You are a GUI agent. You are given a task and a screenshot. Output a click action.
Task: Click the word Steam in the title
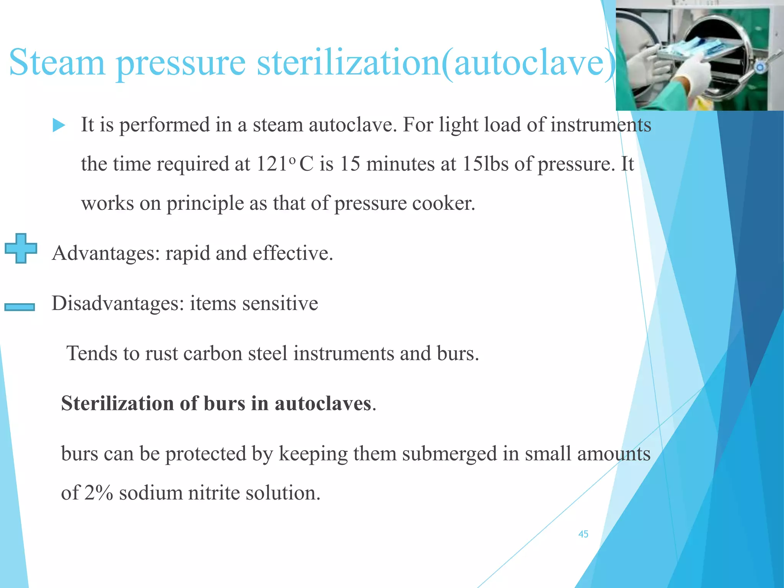tap(57, 62)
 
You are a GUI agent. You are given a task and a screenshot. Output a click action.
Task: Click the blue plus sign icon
tap(21, 248)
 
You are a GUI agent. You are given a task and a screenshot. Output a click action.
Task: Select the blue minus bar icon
tap(20, 307)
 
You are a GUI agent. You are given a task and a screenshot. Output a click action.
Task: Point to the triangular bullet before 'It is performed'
tap(59, 125)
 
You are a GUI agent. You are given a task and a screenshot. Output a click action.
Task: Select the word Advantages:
tap(106, 253)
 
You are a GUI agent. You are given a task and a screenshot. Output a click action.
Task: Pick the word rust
tap(161, 353)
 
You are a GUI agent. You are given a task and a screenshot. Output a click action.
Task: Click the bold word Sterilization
tap(117, 403)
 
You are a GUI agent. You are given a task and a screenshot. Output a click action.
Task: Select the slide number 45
tap(583, 534)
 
